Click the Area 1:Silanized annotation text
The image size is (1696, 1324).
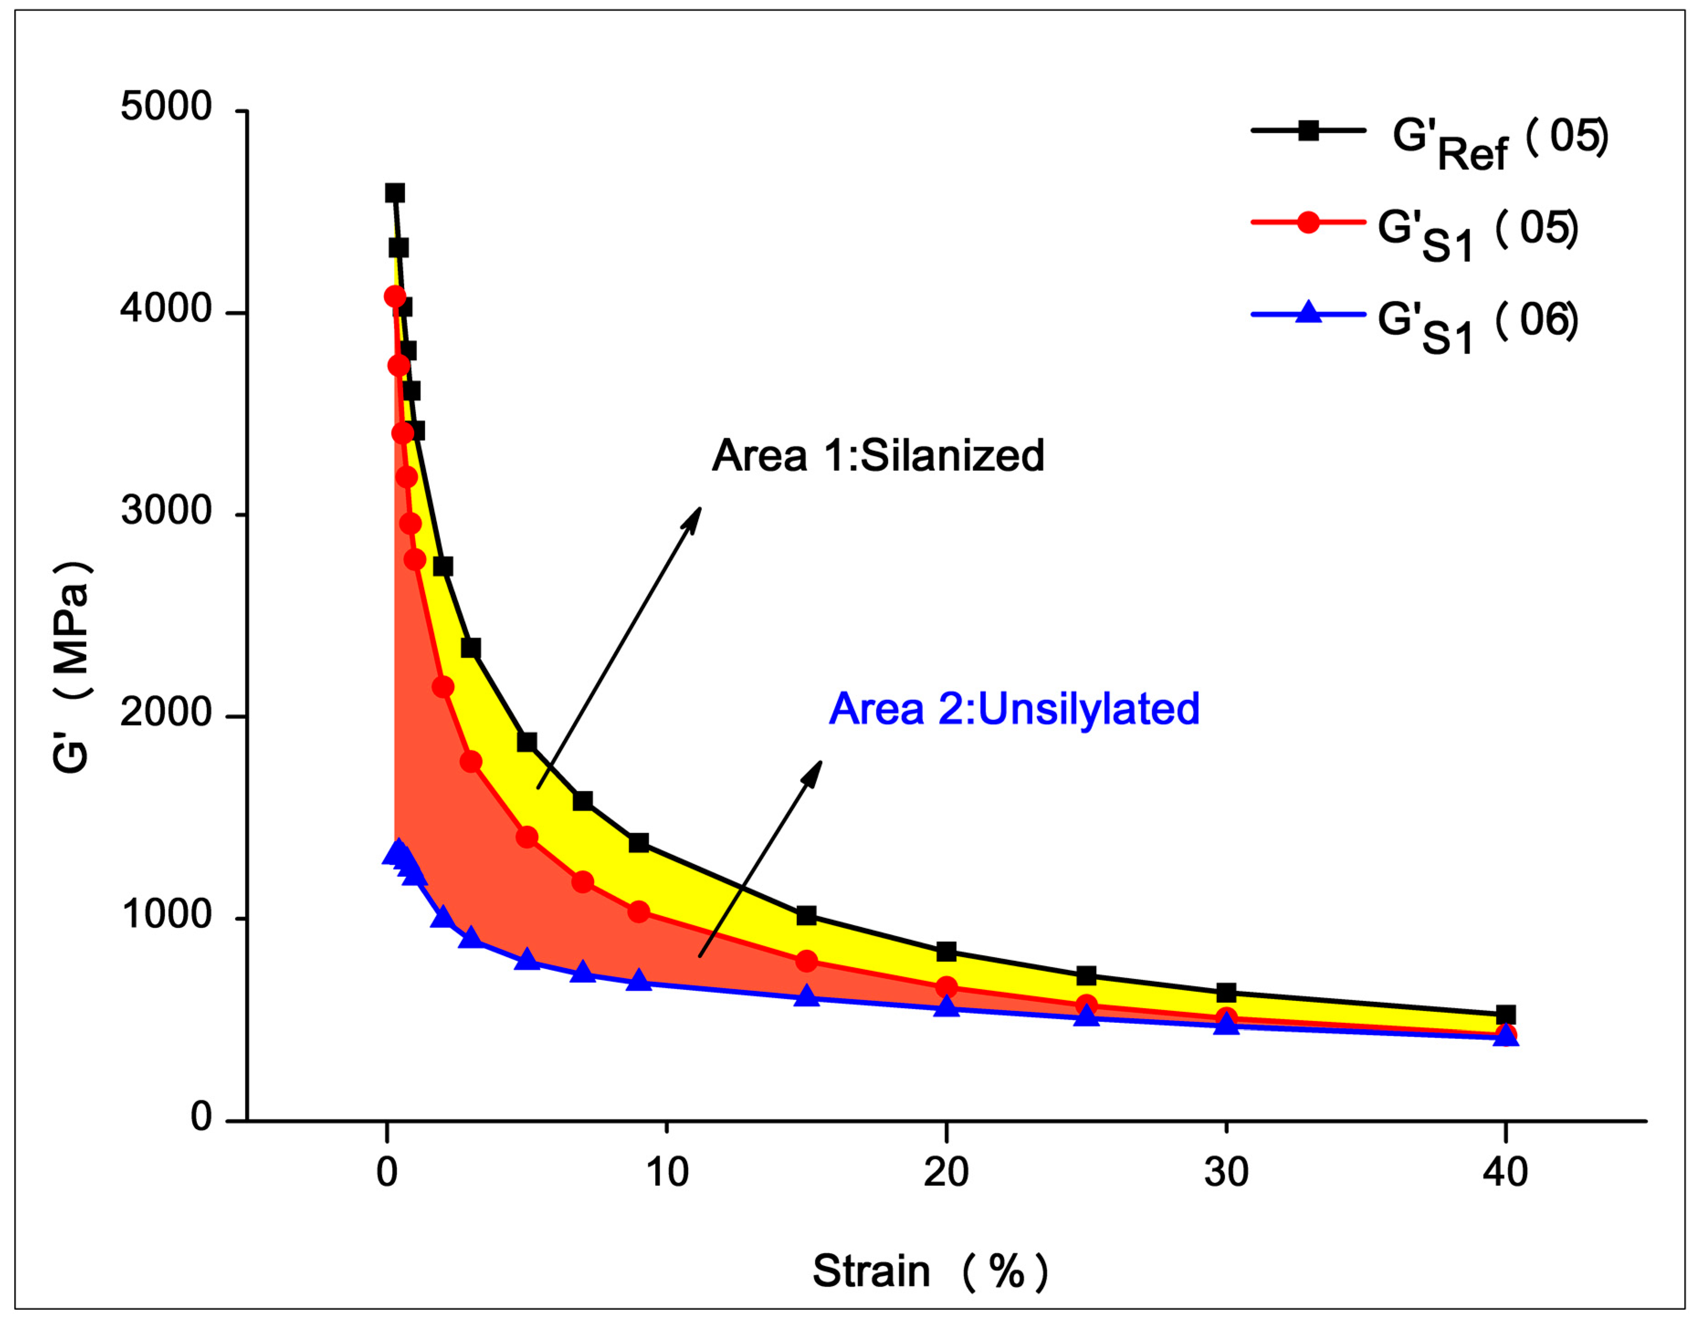coord(877,456)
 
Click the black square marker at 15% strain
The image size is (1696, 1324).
coord(806,916)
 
